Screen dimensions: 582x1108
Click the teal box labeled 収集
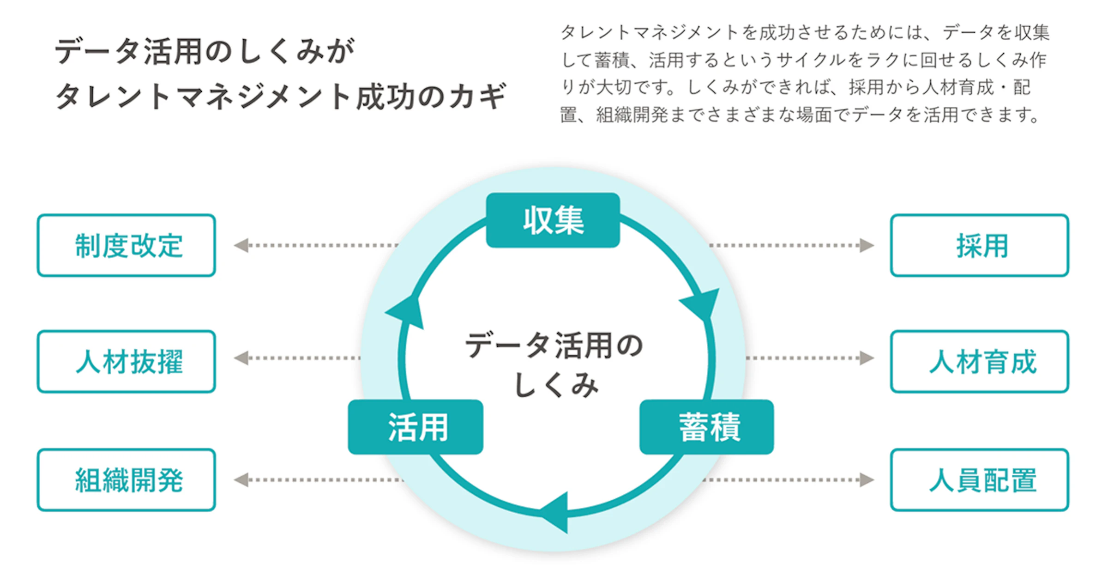(553, 220)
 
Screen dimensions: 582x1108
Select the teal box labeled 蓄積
(706, 427)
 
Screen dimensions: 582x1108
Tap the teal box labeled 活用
(415, 427)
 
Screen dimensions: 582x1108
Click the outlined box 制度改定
(126, 245)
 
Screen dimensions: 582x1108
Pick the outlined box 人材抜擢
(126, 361)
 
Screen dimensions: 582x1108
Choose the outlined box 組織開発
(126, 480)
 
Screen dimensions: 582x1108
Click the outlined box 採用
(979, 245)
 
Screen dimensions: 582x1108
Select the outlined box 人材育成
(979, 361)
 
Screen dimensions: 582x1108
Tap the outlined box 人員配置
(979, 480)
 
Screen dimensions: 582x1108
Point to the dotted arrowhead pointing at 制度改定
(241, 245)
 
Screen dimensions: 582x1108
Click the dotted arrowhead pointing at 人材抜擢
(241, 358)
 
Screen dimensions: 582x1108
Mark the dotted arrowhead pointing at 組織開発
(241, 480)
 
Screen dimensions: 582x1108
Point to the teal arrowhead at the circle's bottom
(556, 513)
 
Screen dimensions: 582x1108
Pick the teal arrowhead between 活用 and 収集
(406, 312)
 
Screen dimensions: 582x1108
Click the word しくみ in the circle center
(556, 385)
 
